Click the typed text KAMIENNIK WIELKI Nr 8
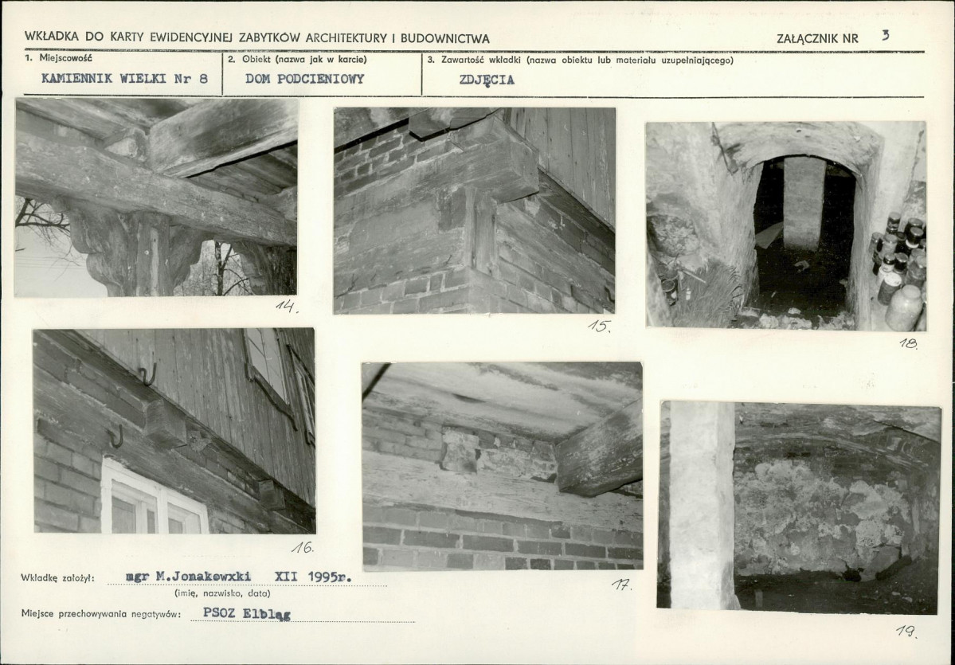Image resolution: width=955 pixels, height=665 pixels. tap(124, 79)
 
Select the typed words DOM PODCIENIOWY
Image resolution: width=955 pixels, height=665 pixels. tap(304, 79)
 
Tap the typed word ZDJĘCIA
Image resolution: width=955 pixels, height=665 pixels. tap(487, 80)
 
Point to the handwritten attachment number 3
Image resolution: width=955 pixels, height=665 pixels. tap(885, 35)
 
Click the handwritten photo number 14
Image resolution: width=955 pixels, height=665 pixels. tap(287, 306)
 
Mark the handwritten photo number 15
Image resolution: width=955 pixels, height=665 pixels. tap(599, 326)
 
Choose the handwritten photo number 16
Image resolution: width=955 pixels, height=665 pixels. tap(303, 547)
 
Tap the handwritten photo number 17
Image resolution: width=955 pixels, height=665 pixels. tap(622, 585)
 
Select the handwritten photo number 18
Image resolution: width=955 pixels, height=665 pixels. tap(908, 343)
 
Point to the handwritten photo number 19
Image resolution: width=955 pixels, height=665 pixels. tap(906, 632)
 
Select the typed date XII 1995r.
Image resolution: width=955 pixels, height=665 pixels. tap(313, 577)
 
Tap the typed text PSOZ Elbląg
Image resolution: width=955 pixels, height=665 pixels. tap(247, 613)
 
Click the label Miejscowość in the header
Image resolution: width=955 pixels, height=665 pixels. tap(66, 58)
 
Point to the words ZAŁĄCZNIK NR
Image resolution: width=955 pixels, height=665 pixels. tap(817, 38)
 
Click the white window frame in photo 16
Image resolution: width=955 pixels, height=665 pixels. tap(154, 497)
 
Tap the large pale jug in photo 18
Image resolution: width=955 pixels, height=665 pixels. tap(904, 307)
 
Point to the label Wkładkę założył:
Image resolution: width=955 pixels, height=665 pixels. tap(57, 577)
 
